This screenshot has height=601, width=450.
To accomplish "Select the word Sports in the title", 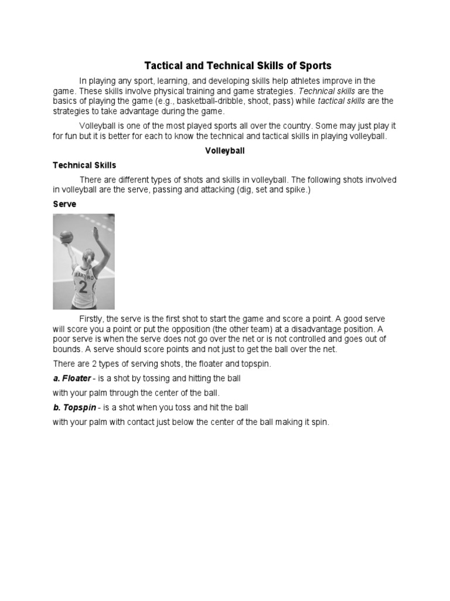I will click(x=315, y=66).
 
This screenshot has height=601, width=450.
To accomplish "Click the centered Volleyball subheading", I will click(x=225, y=151).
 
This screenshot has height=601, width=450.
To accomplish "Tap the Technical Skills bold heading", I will click(x=84, y=166).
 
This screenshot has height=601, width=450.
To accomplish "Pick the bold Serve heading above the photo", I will click(x=64, y=204).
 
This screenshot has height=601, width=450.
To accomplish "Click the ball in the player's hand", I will click(x=67, y=236).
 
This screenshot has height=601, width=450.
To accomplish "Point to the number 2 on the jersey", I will click(x=83, y=287).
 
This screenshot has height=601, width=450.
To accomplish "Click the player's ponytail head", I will click(x=88, y=258).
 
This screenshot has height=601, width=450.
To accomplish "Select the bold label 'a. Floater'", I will click(x=72, y=379).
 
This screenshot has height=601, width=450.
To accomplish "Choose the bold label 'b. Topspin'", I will click(x=74, y=407).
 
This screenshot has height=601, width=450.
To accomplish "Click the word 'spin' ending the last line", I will click(x=320, y=422).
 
